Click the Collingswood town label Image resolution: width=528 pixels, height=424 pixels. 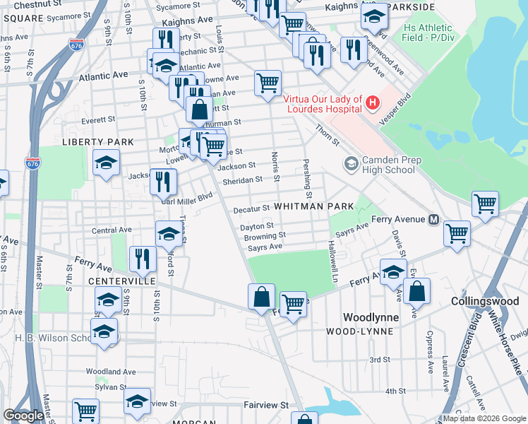tap(485, 301)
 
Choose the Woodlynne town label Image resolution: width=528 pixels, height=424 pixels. tap(371, 317)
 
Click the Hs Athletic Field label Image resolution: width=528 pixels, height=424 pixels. tap(428, 32)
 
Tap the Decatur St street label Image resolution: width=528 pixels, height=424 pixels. tap(252, 208)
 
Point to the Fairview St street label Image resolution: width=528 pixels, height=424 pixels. tap(266, 406)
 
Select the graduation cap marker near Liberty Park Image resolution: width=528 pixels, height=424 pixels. tap(105, 164)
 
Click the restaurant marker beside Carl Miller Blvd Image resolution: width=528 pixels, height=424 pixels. tap(163, 182)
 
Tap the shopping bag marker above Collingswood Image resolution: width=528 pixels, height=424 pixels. tap(416, 290)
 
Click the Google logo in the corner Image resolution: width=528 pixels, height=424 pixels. tap(24, 416)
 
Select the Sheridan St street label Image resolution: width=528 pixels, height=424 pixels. tap(242, 181)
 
